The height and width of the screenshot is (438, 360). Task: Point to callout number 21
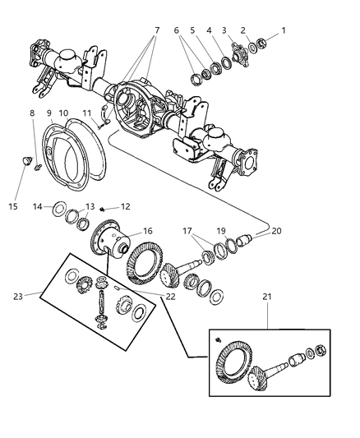269,318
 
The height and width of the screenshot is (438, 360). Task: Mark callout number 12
125,206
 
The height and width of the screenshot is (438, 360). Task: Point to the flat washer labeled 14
61,210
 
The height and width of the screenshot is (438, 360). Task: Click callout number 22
171,297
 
